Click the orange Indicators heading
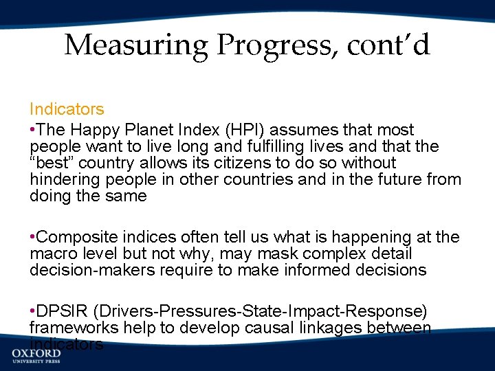pyautogui.click(x=67, y=109)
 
